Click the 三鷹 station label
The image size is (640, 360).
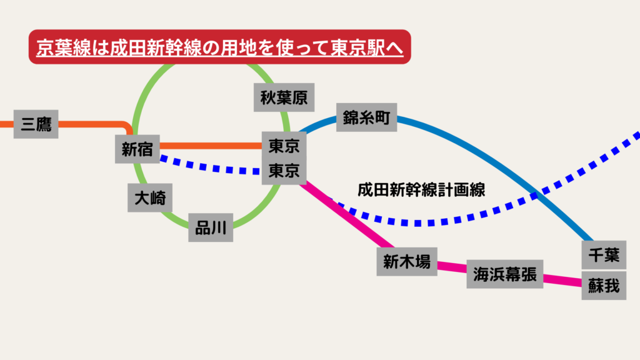36,124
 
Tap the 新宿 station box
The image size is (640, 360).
137,149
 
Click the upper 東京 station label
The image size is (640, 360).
284,146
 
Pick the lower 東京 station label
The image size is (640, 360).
284,171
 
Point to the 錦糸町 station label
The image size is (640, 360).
366,117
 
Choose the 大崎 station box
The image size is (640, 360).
150,198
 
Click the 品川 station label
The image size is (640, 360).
211,228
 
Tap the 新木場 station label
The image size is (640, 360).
407,262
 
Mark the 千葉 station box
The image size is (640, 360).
604,255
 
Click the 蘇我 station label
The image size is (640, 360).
604,286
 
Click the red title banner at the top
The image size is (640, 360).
219,47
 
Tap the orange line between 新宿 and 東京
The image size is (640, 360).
211,146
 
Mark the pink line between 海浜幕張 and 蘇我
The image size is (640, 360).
562,281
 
